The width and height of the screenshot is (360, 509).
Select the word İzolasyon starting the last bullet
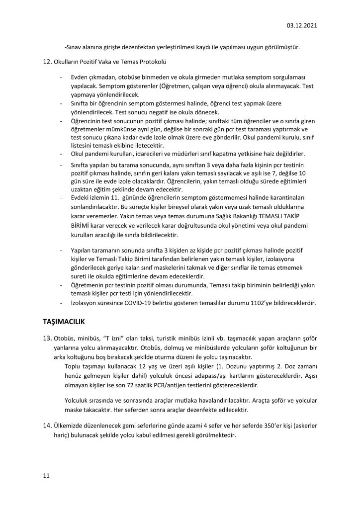[80, 303]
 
